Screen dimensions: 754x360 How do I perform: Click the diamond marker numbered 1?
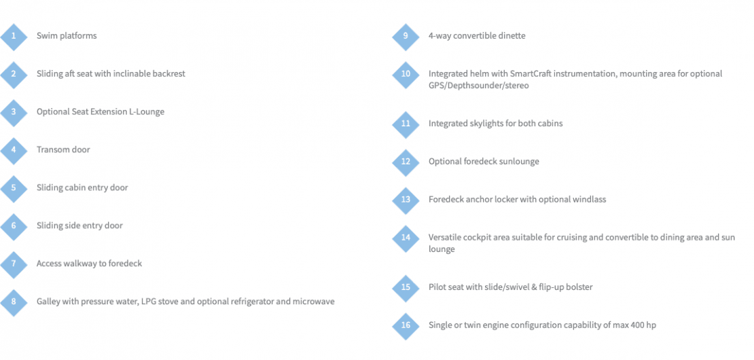[x=14, y=37]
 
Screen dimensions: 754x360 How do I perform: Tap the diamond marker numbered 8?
[x=14, y=302]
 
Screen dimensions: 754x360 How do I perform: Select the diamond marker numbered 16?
[x=406, y=325]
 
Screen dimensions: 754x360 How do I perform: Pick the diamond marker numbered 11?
[x=406, y=124]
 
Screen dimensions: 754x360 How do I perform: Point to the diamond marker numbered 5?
[x=14, y=188]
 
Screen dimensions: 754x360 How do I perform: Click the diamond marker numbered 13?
[x=406, y=200]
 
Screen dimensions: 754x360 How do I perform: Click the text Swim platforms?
[x=67, y=36]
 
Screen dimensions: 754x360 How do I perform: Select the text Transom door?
[x=63, y=150]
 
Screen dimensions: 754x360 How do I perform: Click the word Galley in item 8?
[x=48, y=302]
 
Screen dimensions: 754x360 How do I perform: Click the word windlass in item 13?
[x=590, y=200]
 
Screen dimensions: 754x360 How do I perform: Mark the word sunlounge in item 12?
[x=519, y=162]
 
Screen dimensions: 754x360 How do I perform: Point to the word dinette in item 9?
[x=511, y=36]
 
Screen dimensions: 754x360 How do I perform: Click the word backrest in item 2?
[x=168, y=74]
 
